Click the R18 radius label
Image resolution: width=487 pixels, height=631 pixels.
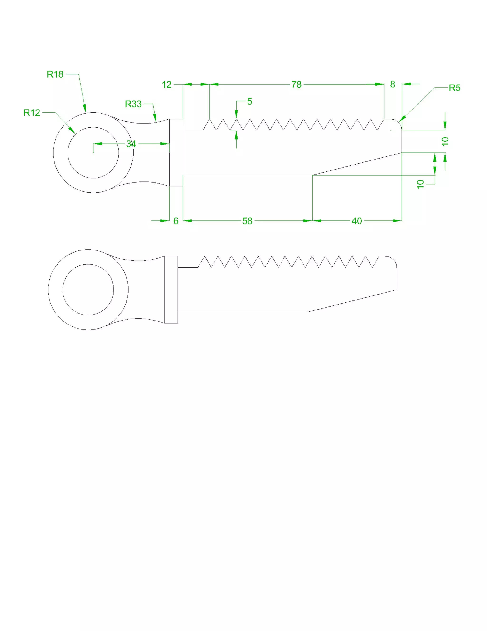55,74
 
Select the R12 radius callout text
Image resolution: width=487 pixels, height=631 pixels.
32,113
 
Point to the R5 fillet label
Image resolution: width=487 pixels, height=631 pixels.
454,88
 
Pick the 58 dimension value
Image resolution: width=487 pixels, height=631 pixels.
247,221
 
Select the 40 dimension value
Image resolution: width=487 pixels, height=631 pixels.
357,221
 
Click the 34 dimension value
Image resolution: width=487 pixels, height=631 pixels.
131,144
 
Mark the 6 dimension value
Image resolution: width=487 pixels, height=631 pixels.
176,221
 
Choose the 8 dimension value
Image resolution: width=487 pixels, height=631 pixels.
393,84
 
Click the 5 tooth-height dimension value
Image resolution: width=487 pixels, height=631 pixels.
249,101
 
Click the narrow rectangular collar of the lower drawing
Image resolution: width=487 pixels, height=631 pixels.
171,290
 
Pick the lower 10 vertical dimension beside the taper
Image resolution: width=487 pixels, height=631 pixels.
420,184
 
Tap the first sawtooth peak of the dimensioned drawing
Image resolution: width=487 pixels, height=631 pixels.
209,119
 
